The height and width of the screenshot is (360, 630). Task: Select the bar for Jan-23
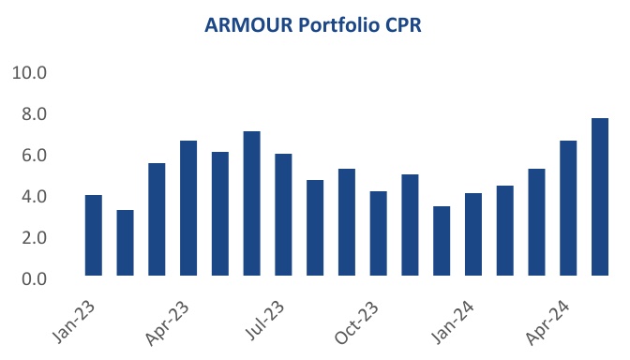pos(93,235)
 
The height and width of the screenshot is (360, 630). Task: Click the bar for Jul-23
pos(283,215)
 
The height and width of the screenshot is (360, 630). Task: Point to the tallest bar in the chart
pos(600,197)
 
